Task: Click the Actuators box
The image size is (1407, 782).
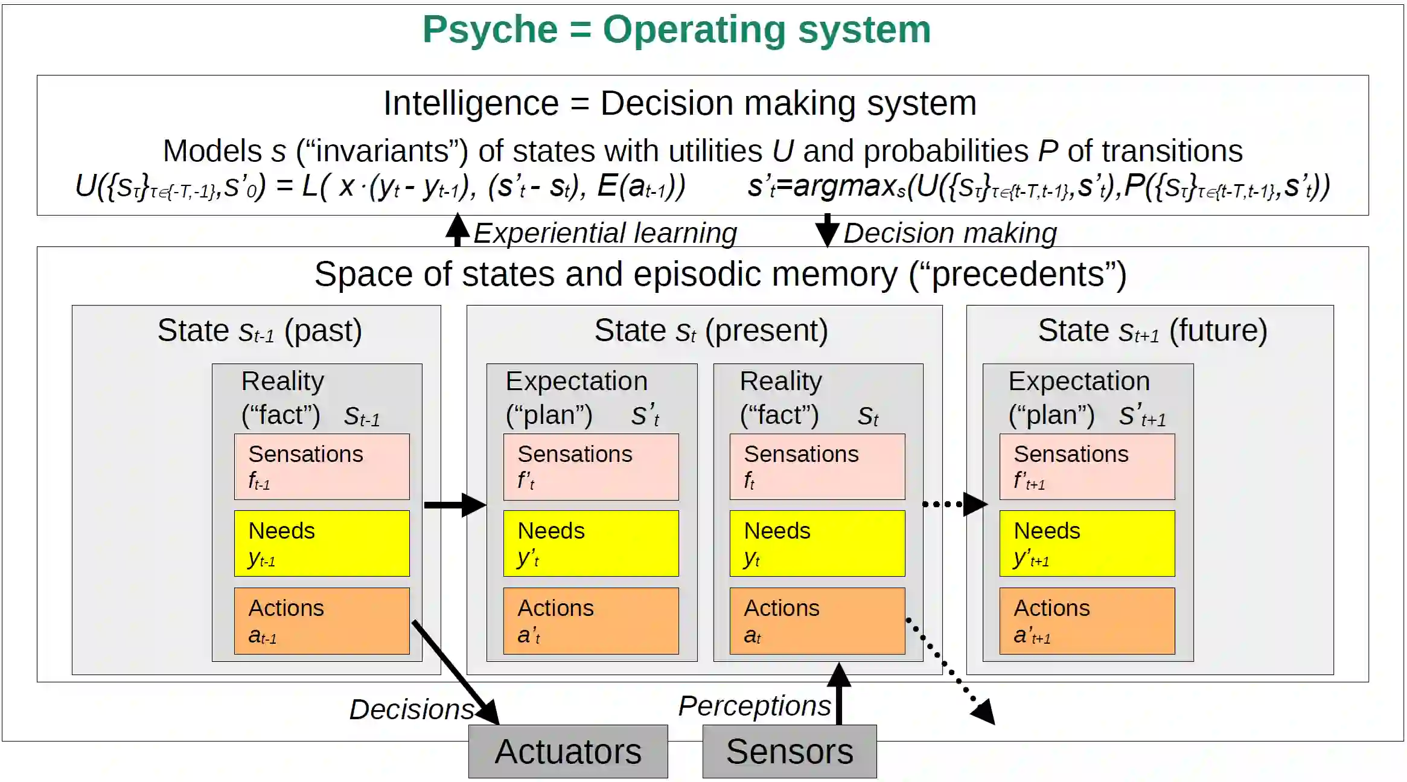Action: coord(568,751)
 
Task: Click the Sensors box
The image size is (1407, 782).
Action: coord(790,751)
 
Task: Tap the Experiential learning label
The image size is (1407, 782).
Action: coord(605,233)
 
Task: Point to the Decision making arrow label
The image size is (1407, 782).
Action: coord(949,233)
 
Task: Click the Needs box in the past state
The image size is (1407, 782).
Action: coord(322,543)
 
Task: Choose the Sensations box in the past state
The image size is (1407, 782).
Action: coord(322,466)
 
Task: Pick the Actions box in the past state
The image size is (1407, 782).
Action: coord(322,621)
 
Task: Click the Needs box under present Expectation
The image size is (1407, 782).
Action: coord(591,543)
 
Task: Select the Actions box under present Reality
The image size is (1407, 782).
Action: coord(817,621)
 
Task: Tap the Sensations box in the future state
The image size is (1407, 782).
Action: coord(1087,466)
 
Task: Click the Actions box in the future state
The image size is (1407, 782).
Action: coord(1087,621)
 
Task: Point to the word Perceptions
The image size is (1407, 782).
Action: coord(755,705)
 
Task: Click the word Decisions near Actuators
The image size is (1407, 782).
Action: coord(412,709)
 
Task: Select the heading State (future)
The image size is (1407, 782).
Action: coord(1152,331)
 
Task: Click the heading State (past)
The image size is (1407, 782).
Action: coord(260,331)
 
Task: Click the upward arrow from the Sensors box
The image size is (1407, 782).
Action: coord(839,694)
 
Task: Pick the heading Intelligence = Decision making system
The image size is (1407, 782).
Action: coord(680,103)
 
